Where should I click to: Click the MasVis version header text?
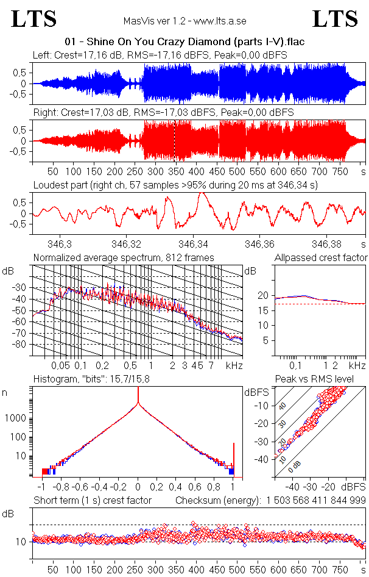coord(184,21)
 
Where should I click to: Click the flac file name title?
coord(184,42)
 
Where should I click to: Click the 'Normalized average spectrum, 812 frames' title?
coord(124,257)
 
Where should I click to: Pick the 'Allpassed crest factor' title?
coord(321,257)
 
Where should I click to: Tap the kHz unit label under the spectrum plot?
coord(234,365)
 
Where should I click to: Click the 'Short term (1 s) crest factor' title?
coord(92,500)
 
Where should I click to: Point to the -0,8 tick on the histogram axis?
coord(60,487)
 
